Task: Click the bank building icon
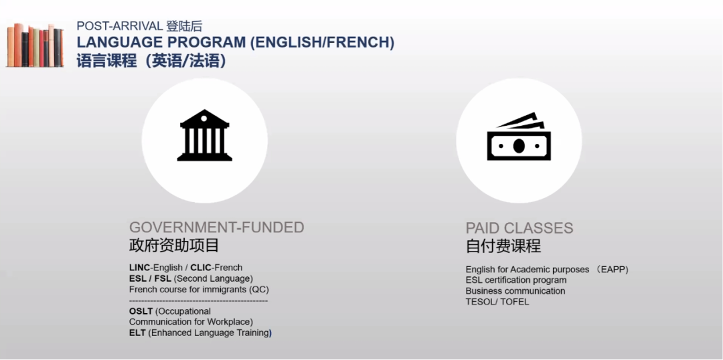coord(204,135)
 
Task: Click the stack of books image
coord(35,46)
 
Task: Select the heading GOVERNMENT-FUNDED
coord(216,228)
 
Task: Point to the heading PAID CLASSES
coord(519,228)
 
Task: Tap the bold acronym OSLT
coord(141,311)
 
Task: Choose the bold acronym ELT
coord(137,333)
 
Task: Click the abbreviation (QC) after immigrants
coord(258,290)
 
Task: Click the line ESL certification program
coord(516,280)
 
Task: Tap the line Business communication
coord(515,291)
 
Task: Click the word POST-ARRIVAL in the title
coord(120,26)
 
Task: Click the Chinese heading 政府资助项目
coord(174,246)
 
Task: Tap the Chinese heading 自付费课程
coord(503,246)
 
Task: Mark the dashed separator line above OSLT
coord(198,301)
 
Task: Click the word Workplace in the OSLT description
coord(229,322)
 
